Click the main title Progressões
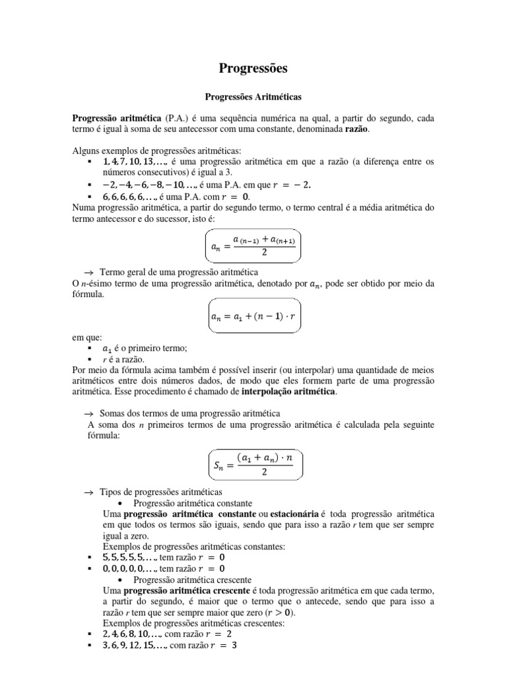(253, 68)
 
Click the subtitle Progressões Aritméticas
(253, 96)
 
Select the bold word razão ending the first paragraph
(357, 129)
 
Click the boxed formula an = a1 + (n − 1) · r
(253, 316)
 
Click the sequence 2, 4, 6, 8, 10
(131, 634)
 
